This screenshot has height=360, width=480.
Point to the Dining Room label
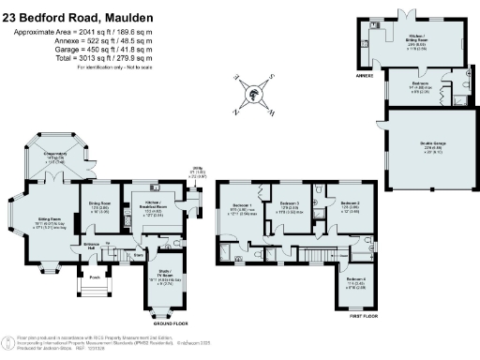coord(99,206)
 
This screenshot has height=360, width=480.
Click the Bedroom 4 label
coord(354,283)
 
